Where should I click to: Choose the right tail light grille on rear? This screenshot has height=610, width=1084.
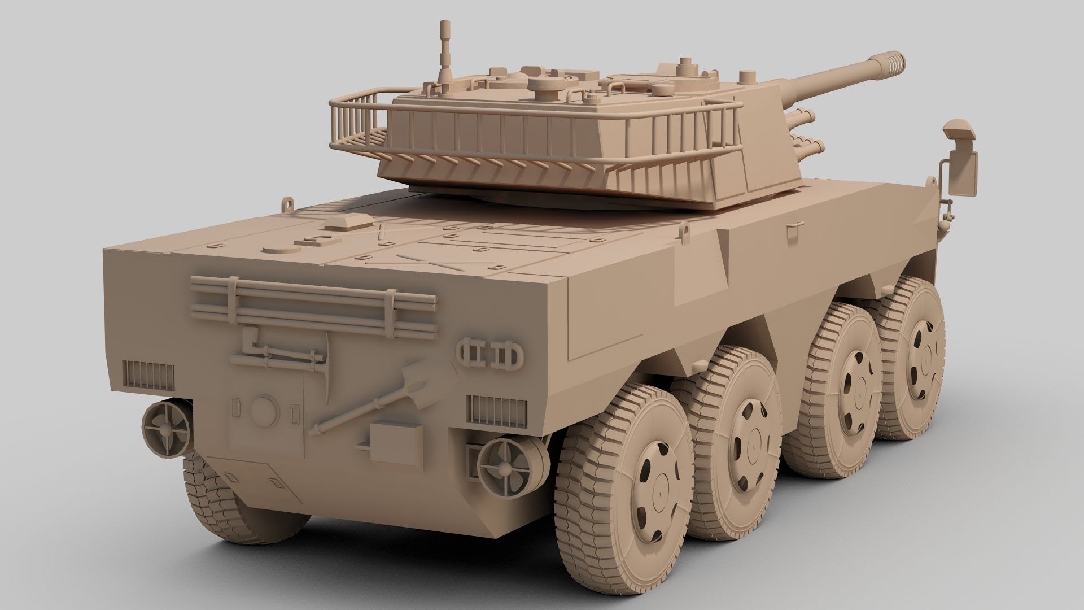pyautogui.click(x=497, y=408)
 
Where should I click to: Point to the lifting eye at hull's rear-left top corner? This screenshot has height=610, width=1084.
pyautogui.click(x=290, y=202)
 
